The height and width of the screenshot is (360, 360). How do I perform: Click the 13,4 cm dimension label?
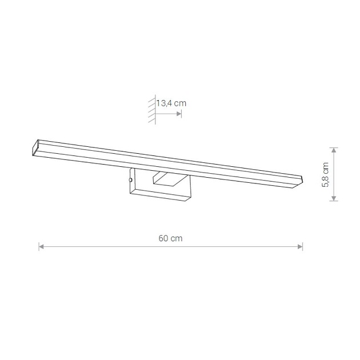point(171,103)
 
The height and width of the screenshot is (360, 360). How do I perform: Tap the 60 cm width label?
point(171,238)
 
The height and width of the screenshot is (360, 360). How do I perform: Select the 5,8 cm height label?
point(326,174)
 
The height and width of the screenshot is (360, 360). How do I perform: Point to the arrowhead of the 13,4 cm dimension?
point(179,114)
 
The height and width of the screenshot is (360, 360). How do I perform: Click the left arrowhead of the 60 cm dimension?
point(41,247)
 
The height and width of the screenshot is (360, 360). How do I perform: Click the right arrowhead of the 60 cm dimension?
point(300,247)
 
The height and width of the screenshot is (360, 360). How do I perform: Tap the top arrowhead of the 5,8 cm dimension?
point(334,150)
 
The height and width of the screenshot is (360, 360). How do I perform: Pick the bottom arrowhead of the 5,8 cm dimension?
point(334,198)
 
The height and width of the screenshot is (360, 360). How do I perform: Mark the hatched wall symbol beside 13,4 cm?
point(152,110)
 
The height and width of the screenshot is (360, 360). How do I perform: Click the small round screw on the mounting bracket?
point(131,180)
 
